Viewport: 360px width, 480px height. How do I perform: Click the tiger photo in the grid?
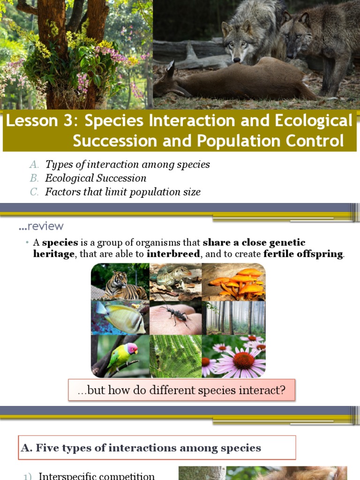[120, 282]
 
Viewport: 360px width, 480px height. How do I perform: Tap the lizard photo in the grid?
[175, 282]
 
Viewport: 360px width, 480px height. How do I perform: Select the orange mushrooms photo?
[233, 282]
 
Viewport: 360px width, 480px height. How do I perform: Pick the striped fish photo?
[120, 318]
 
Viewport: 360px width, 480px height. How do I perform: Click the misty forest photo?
[233, 318]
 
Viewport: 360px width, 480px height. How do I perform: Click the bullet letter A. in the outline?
[34, 165]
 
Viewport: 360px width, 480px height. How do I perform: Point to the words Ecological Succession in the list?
[96, 178]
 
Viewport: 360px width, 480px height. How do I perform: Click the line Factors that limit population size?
[123, 192]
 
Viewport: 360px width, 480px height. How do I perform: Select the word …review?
[41, 226]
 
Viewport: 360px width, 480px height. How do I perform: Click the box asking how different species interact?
[181, 390]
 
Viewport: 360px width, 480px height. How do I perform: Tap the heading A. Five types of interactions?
[141, 448]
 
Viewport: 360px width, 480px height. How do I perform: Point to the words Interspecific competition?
[97, 476]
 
